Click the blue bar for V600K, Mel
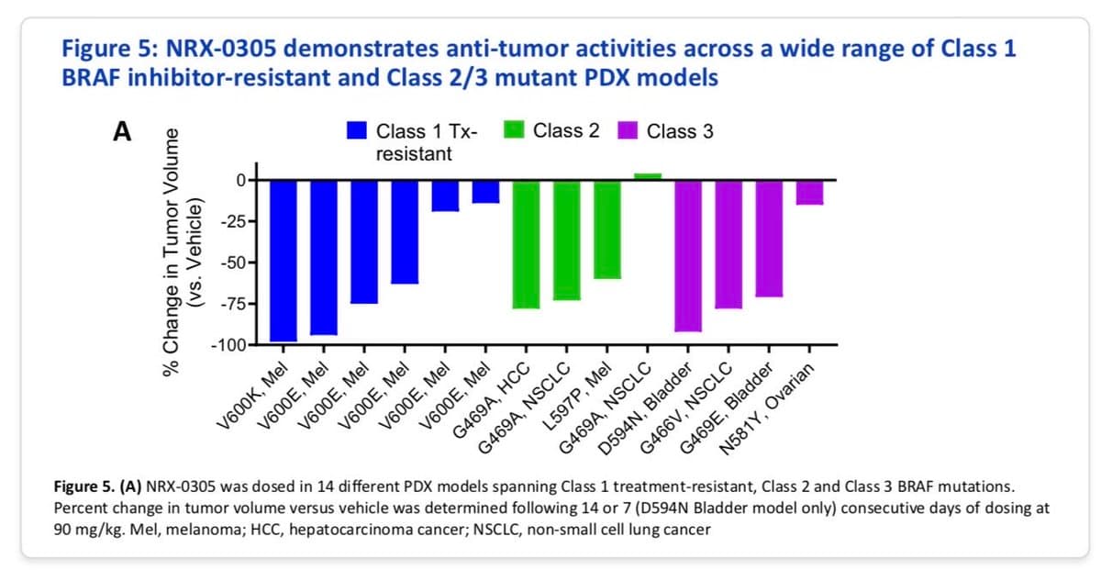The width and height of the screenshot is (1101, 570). tap(283, 261)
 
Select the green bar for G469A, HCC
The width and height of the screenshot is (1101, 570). tap(526, 244)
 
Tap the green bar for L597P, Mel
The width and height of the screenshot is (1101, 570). tap(606, 229)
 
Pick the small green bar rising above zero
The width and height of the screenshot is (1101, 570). tap(647, 176)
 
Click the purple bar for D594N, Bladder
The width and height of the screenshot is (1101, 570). tap(687, 255)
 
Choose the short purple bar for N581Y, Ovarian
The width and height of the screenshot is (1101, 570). tap(808, 193)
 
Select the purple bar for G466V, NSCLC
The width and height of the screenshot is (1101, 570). tap(728, 244)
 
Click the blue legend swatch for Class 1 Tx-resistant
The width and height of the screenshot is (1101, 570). tap(358, 131)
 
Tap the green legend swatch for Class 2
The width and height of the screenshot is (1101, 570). tap(515, 131)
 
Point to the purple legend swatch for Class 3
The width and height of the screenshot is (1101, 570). tap(629, 131)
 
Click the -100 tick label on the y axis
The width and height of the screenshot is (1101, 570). tap(224, 346)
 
